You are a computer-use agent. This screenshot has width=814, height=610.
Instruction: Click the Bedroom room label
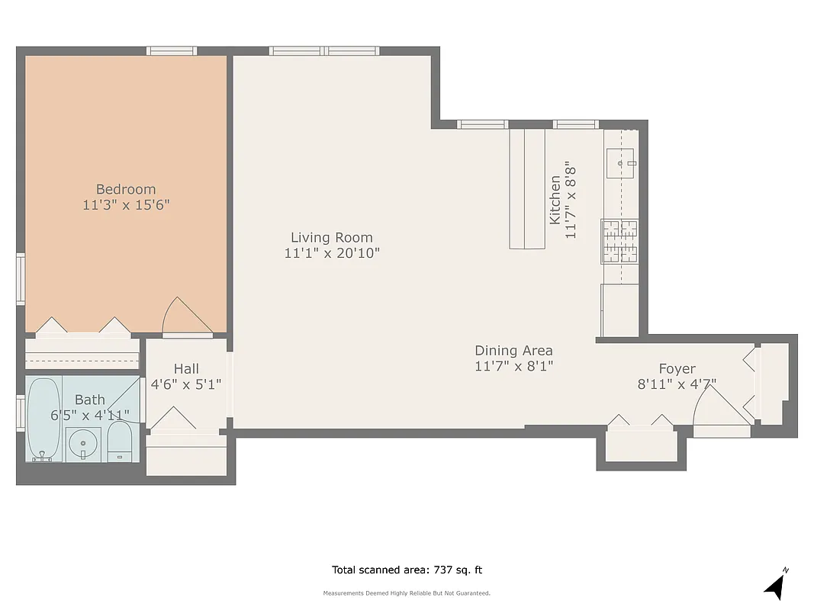126,189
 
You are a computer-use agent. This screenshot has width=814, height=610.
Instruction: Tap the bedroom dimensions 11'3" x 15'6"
126,205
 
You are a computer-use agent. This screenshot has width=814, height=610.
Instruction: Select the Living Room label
331,237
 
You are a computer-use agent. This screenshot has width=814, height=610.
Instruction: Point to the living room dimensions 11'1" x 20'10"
331,253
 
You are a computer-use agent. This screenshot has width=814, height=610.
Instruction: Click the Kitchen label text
555,200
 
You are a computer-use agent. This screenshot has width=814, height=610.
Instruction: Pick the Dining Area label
513,351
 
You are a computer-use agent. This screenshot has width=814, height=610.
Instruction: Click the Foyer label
677,369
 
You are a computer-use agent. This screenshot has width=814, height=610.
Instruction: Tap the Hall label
186,369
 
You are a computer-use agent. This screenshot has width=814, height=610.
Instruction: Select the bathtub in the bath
43,419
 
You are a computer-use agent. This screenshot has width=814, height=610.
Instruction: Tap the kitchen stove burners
619,241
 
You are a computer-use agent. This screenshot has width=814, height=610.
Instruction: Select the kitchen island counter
528,188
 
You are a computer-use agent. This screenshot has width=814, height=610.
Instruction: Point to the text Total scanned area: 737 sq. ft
407,570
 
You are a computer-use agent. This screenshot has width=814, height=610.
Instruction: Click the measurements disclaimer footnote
407,593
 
